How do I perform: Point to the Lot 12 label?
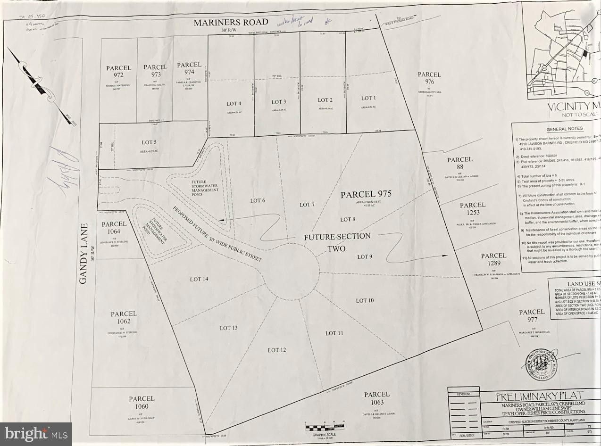pos(277,350)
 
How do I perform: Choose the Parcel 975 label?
pos(367,194)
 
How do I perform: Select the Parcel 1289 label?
pos(493,259)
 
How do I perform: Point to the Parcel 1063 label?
pos(377,398)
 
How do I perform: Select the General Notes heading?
pos(564,129)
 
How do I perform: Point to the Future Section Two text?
pos(337,242)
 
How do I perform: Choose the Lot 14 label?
pos(199,279)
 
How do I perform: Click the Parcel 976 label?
pos(429,78)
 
